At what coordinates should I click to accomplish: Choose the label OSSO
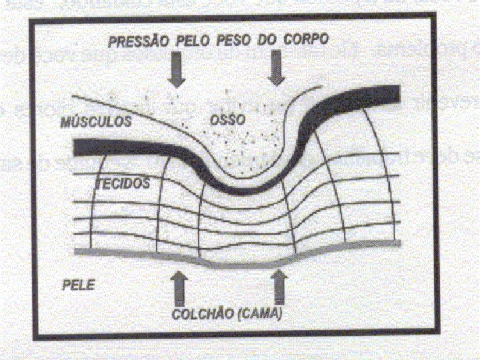tap(227, 120)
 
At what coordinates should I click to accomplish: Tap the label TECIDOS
tap(124, 183)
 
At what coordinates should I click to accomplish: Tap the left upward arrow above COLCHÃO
tap(179, 285)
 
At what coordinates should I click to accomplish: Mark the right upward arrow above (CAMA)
tap(278, 285)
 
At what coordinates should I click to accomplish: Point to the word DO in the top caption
tap(266, 40)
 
